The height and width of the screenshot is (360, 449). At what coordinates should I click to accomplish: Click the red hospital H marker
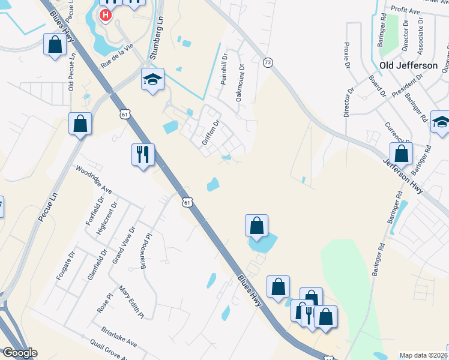coord(106,14)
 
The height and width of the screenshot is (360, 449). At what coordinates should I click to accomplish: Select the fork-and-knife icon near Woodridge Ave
coord(143,155)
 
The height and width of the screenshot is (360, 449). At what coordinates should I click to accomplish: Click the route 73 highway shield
coord(268,62)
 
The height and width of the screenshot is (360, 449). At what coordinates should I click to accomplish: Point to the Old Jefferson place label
coord(409,65)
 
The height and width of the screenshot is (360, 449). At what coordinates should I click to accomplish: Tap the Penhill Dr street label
coord(224,71)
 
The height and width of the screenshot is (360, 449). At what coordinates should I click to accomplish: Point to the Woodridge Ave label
coord(93,179)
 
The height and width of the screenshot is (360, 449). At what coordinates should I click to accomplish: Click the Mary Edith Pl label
coord(132,301)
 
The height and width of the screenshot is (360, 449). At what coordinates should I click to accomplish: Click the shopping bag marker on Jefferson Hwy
coord(400,154)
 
